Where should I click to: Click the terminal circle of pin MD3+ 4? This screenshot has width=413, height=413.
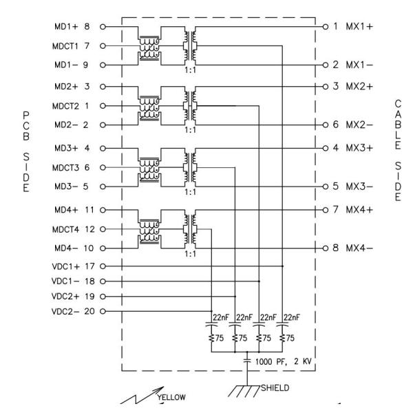(103, 148)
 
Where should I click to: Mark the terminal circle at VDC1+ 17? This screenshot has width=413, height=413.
(103, 266)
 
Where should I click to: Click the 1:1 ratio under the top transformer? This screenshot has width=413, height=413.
(187, 69)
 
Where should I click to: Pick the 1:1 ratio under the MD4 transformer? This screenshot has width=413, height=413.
(187, 252)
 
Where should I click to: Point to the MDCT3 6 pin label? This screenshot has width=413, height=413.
(71, 167)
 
